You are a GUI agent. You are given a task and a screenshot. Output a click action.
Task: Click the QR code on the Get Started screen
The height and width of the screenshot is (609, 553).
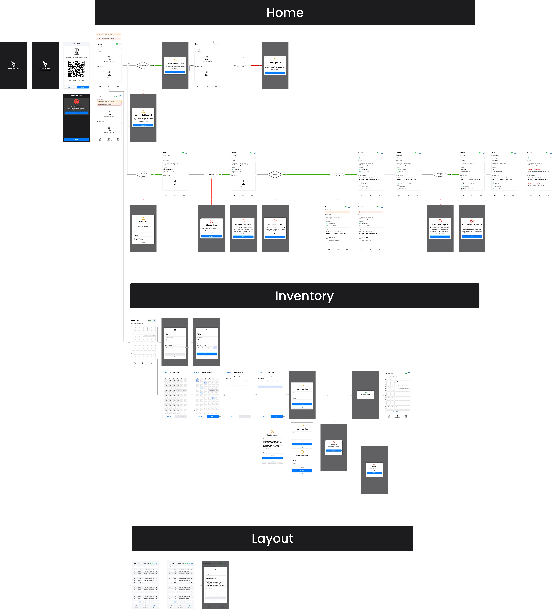pyautogui.click(x=76, y=69)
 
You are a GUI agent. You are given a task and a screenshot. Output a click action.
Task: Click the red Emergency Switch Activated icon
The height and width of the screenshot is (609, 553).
pyautogui.click(x=76, y=102)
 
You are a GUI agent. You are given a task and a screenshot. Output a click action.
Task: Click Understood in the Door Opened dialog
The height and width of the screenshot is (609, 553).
pyautogui.click(x=275, y=73)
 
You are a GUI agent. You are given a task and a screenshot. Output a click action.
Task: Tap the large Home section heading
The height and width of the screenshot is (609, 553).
pyautogui.click(x=285, y=13)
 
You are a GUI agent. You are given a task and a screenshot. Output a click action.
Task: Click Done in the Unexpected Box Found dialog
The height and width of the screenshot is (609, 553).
pyautogui.click(x=472, y=237)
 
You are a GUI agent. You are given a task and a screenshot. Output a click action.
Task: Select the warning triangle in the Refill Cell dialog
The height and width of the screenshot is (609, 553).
pyautogui.click(x=143, y=218)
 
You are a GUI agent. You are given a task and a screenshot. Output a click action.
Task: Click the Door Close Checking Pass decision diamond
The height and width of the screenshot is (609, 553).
pyautogui.click(x=243, y=66)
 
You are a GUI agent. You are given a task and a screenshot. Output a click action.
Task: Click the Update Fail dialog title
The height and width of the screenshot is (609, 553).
pyautogui.click(x=334, y=444)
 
